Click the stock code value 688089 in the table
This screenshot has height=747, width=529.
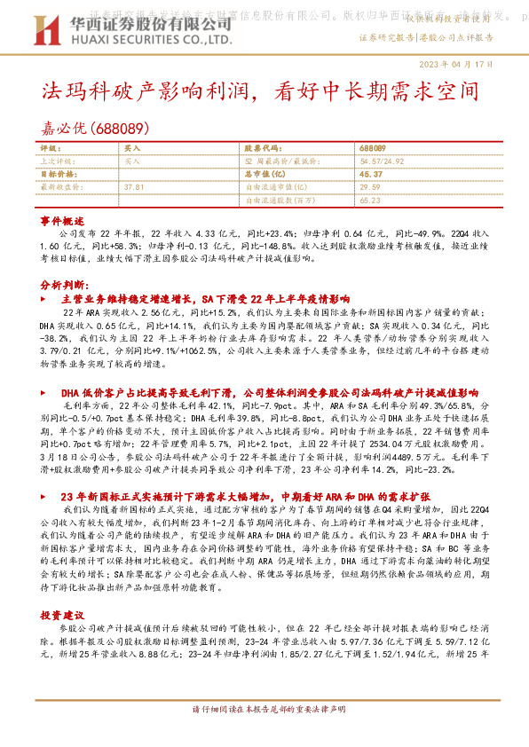(373, 146)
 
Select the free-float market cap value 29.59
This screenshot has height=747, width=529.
(371, 188)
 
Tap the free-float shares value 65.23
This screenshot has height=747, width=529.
(371, 201)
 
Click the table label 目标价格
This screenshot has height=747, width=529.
(59, 175)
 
